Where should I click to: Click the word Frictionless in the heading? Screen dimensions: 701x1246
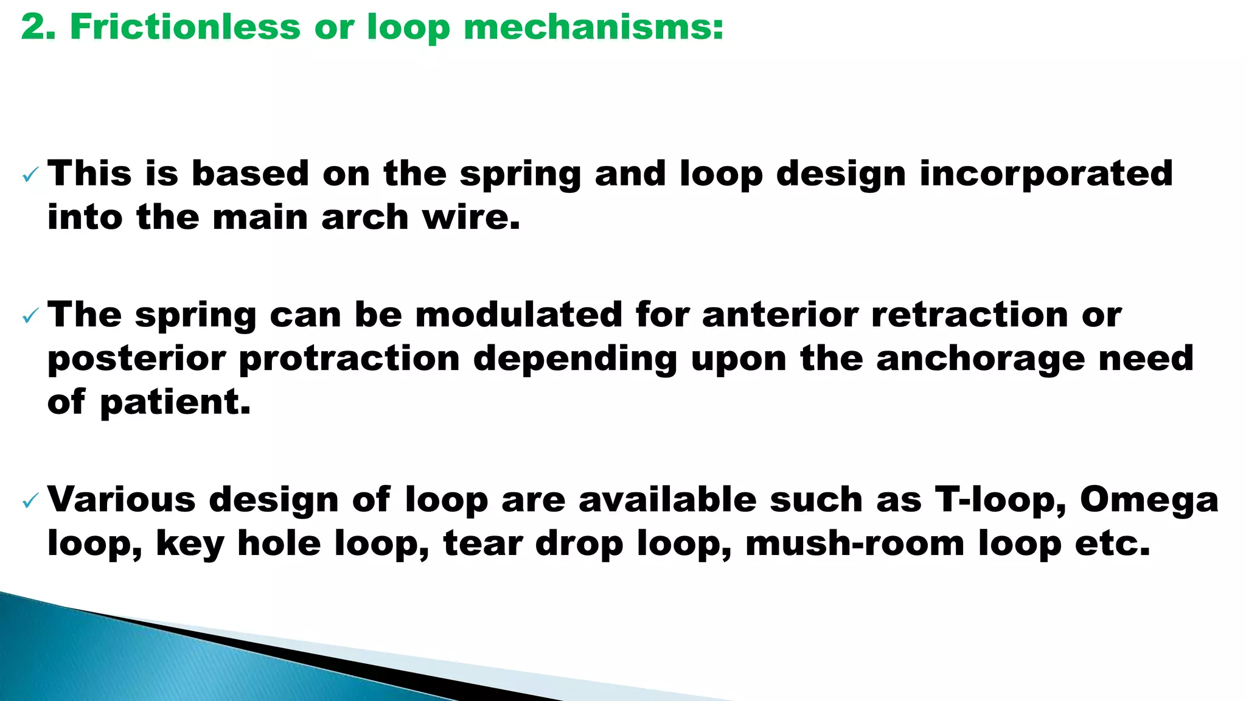[x=185, y=27]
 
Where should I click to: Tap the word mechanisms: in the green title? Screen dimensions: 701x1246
[x=593, y=29]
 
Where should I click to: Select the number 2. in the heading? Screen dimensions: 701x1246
[x=38, y=27]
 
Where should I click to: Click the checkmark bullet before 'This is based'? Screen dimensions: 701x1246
[x=30, y=176]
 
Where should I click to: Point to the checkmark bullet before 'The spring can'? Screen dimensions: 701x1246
[x=30, y=316]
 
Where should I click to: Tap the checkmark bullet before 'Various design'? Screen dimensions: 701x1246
[x=30, y=501]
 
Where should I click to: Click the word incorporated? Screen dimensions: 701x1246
[x=1046, y=175]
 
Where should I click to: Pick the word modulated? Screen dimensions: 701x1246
[x=519, y=315]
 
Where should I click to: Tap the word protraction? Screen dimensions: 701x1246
[x=349, y=359]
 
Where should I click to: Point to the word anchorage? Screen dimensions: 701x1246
[x=980, y=359]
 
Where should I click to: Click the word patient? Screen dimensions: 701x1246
[x=175, y=403]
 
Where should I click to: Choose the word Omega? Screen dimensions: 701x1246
[x=1149, y=500]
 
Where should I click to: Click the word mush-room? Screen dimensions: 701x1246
[x=855, y=543]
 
